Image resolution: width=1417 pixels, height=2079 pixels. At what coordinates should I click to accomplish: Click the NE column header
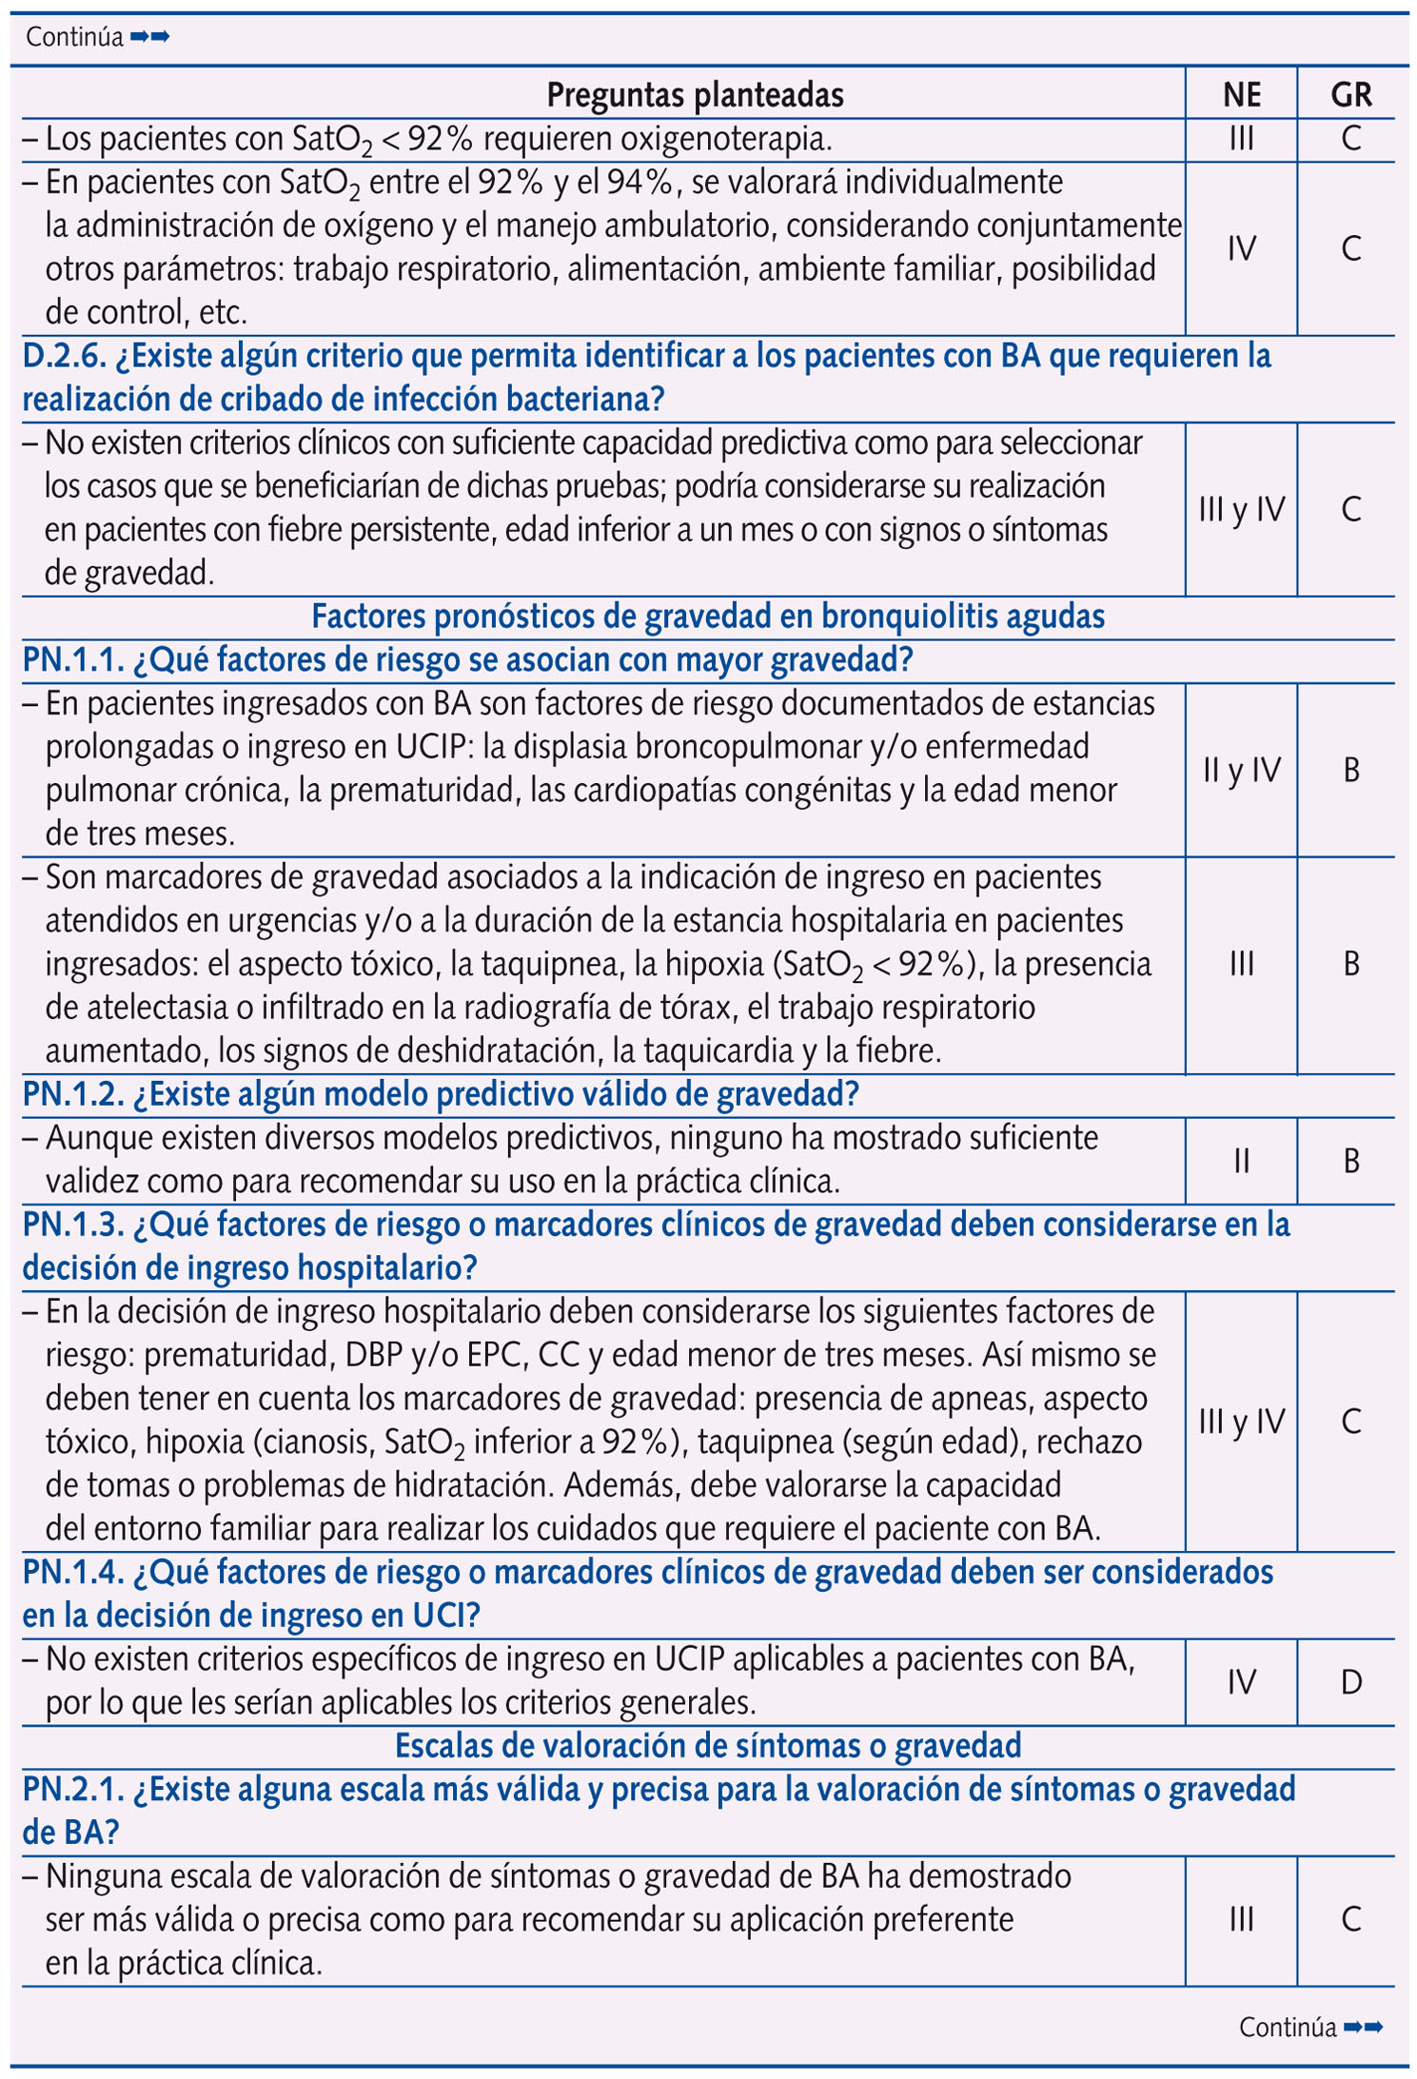(1241, 94)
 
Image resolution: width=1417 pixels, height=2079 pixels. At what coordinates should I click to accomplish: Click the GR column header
(1350, 94)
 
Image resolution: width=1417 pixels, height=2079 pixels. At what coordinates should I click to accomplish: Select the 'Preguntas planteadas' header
(695, 94)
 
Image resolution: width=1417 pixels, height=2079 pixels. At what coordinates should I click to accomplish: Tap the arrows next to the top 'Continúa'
(150, 37)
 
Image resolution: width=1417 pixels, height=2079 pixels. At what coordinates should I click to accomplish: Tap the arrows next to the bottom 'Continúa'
(1363, 2028)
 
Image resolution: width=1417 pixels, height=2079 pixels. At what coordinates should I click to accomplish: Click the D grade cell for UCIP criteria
(1350, 1682)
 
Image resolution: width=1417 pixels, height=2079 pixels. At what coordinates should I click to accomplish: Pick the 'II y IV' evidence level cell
(1241, 770)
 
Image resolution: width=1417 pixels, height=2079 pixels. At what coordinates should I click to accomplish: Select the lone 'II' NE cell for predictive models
(1241, 1161)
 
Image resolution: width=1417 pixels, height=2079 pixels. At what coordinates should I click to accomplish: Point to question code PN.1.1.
(72, 660)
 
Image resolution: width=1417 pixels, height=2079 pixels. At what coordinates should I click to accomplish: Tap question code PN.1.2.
(72, 1095)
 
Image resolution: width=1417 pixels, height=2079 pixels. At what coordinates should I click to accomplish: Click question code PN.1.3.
(72, 1226)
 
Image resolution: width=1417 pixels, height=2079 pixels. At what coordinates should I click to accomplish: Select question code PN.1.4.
(72, 1573)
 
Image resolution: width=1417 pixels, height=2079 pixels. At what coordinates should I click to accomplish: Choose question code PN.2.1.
(72, 1790)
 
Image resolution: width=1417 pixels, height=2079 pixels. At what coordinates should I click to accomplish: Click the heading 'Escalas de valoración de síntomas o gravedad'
(707, 1746)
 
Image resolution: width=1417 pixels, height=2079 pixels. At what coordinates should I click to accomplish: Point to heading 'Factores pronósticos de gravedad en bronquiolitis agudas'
(707, 618)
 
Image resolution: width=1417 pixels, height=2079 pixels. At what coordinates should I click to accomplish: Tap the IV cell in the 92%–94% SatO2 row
(1241, 248)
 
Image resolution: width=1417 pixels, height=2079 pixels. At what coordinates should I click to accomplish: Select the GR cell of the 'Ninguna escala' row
(1350, 1919)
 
